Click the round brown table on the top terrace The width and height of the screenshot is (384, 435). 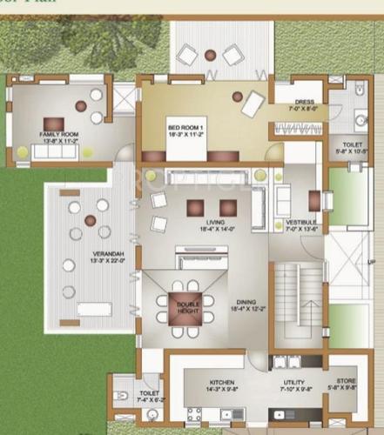coord(209,55)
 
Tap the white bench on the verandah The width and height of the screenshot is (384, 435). coord(94,309)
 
